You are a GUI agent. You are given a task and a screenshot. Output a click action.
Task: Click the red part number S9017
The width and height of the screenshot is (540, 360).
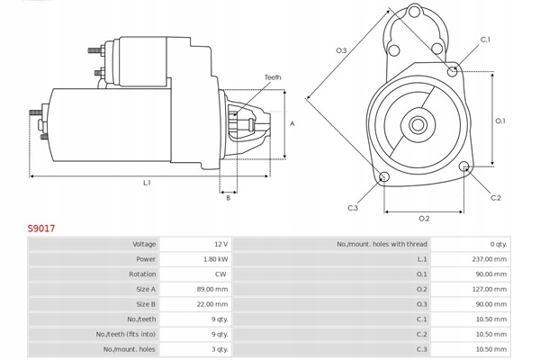tap(41, 228)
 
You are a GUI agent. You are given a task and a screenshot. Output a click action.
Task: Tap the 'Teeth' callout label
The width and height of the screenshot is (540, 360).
tap(273, 77)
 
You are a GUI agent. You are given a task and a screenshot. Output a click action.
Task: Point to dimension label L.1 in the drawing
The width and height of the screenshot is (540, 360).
tap(147, 183)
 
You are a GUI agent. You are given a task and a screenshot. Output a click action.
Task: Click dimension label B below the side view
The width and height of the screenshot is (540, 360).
tap(228, 198)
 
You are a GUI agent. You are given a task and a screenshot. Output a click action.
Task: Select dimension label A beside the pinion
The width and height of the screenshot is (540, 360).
tap(292, 123)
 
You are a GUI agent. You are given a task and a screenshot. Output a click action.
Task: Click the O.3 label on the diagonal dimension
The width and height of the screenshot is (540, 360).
tap(341, 50)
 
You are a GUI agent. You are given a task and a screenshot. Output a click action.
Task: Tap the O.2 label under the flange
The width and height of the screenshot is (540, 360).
tap(424, 219)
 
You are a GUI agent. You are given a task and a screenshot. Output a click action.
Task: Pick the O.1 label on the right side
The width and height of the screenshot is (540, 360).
tap(500, 121)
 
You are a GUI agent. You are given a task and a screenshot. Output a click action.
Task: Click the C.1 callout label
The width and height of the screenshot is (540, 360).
tap(485, 40)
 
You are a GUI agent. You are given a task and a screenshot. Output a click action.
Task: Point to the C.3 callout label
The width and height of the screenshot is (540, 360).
tap(353, 208)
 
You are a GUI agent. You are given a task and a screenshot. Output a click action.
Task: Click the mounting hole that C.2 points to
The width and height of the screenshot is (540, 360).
tap(463, 166)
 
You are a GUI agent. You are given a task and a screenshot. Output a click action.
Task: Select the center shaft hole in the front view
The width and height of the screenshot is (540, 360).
tap(418, 125)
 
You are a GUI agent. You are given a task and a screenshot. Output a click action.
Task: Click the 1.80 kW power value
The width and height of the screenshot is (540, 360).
tap(216, 259)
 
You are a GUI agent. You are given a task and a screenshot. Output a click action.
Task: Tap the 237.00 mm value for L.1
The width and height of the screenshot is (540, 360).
tap(490, 259)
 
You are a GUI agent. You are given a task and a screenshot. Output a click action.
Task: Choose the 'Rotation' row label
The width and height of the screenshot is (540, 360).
tap(142, 274)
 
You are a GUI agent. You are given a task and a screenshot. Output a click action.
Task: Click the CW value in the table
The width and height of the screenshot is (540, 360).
tap(220, 274)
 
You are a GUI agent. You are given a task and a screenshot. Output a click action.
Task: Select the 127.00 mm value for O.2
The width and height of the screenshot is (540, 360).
tap(490, 290)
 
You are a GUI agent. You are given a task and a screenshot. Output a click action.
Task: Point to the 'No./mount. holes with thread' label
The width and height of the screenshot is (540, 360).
tap(382, 244)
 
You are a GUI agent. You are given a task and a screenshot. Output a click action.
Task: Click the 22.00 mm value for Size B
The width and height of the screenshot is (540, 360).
tap(212, 304)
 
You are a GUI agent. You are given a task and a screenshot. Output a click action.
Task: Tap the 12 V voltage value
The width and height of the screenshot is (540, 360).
tap(221, 244)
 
